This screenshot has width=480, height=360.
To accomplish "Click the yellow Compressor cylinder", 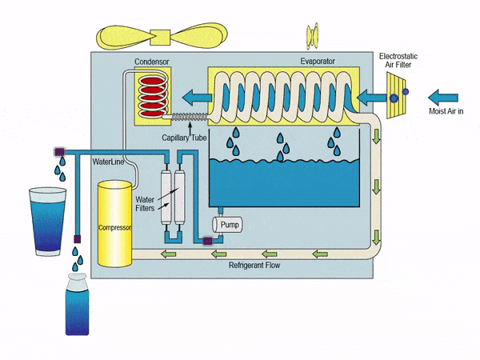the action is tap(114, 223).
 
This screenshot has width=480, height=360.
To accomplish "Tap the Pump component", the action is tap(227, 224).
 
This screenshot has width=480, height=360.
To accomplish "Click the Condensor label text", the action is tap(152, 62).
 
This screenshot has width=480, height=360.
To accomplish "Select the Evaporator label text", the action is tap(318, 62).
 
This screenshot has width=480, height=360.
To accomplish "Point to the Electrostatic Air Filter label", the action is tap(398, 60).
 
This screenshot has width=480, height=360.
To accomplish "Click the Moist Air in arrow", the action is tap(443, 98).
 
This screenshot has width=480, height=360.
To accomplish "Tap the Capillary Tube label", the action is tap(184, 138).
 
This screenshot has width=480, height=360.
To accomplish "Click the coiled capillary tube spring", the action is tap(190, 117).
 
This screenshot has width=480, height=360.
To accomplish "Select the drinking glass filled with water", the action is tap(47, 222).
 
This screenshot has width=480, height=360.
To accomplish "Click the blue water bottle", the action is tap(77, 304).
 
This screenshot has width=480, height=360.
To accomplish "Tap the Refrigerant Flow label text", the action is tap(254, 265).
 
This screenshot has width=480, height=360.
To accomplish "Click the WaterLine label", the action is tap(108, 162).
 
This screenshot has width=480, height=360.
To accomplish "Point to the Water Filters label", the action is tap(145, 204).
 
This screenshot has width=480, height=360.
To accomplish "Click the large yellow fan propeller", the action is tap(162, 36).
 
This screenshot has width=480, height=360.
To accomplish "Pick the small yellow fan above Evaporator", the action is tap(313, 35).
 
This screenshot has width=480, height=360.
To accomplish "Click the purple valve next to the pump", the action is tap(207, 242).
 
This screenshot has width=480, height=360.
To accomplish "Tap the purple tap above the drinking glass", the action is tap(59, 152).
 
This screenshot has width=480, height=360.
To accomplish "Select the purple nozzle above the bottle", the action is tap(77, 239).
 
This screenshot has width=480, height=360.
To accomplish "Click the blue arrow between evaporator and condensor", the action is tap(197, 98).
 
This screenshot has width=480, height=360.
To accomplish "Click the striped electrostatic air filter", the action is tap(396, 95).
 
